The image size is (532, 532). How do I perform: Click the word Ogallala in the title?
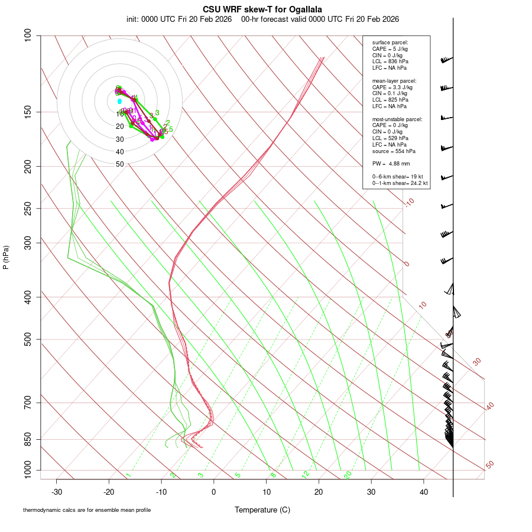pos(306,9)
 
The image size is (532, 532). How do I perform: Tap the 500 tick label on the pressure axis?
pos(28,339)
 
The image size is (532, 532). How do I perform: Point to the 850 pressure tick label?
pos(28,440)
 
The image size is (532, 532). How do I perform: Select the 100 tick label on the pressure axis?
pos(28,35)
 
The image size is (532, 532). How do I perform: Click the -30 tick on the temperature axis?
pos(57,492)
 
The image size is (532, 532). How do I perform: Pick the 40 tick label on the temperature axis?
pos(424,492)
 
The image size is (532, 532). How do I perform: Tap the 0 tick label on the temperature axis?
pos(214,492)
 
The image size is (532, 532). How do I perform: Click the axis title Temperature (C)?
pos(262,510)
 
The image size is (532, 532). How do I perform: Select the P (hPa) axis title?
pos(6,257)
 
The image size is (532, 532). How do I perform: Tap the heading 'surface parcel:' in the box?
pos(390,43)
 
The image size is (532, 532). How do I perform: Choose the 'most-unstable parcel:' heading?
pos(397,119)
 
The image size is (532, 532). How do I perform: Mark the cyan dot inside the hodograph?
pos(119,102)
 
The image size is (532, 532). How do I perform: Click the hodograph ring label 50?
pos(120,164)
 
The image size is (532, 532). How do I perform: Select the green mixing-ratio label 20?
pos(348,475)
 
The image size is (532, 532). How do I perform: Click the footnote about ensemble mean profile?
pos(87,510)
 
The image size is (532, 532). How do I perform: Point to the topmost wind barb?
pos(446,60)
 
